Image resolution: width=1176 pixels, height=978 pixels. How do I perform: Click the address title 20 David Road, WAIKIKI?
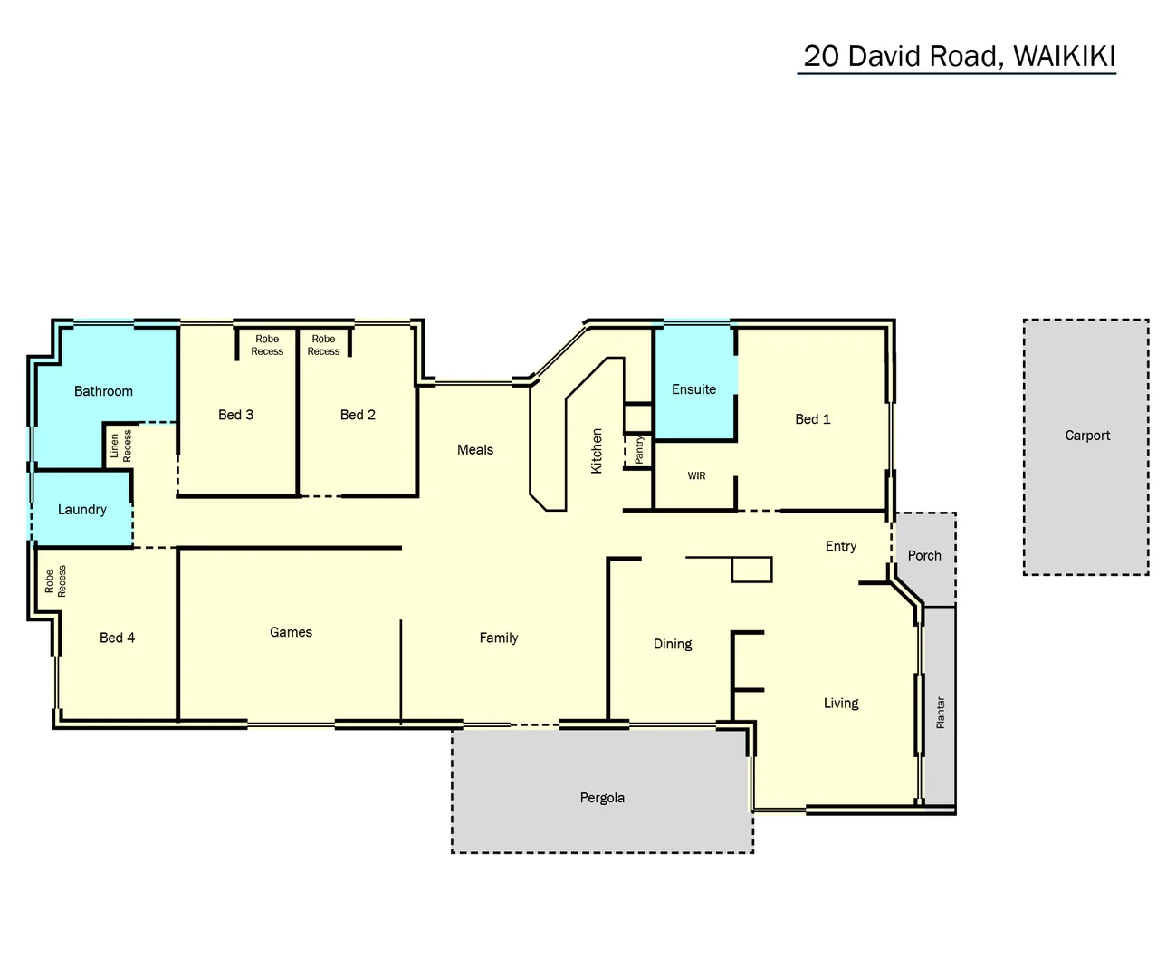(x=959, y=56)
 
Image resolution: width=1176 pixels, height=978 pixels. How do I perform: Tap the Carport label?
(x=1086, y=436)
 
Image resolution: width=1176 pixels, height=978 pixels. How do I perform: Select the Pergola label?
(x=602, y=798)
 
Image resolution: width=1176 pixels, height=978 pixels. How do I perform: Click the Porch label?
(x=924, y=556)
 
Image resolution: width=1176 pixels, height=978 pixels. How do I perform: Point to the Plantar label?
(x=941, y=713)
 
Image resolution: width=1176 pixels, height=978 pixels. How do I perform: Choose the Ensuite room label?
(x=693, y=389)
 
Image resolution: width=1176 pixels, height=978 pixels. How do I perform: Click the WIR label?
(x=696, y=476)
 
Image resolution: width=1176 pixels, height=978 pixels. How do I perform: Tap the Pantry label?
(x=639, y=450)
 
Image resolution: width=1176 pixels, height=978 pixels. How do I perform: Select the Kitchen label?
(x=597, y=451)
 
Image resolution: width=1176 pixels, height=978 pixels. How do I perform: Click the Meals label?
(x=475, y=450)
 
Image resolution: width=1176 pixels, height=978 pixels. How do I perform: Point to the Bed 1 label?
(x=812, y=419)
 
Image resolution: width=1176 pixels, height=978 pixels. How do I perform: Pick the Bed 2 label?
(x=358, y=415)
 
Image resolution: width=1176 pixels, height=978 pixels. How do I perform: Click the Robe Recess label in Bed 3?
(x=267, y=345)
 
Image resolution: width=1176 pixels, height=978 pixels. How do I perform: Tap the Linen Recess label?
(x=120, y=446)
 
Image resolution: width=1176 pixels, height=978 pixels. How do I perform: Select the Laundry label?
(x=82, y=510)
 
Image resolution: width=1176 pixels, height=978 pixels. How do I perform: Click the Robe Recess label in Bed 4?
(x=55, y=581)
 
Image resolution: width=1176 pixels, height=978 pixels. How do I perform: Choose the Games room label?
(x=291, y=632)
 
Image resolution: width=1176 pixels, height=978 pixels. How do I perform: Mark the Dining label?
(x=673, y=644)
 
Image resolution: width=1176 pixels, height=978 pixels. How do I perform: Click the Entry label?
(x=840, y=546)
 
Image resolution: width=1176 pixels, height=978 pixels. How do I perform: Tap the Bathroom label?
(x=103, y=391)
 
